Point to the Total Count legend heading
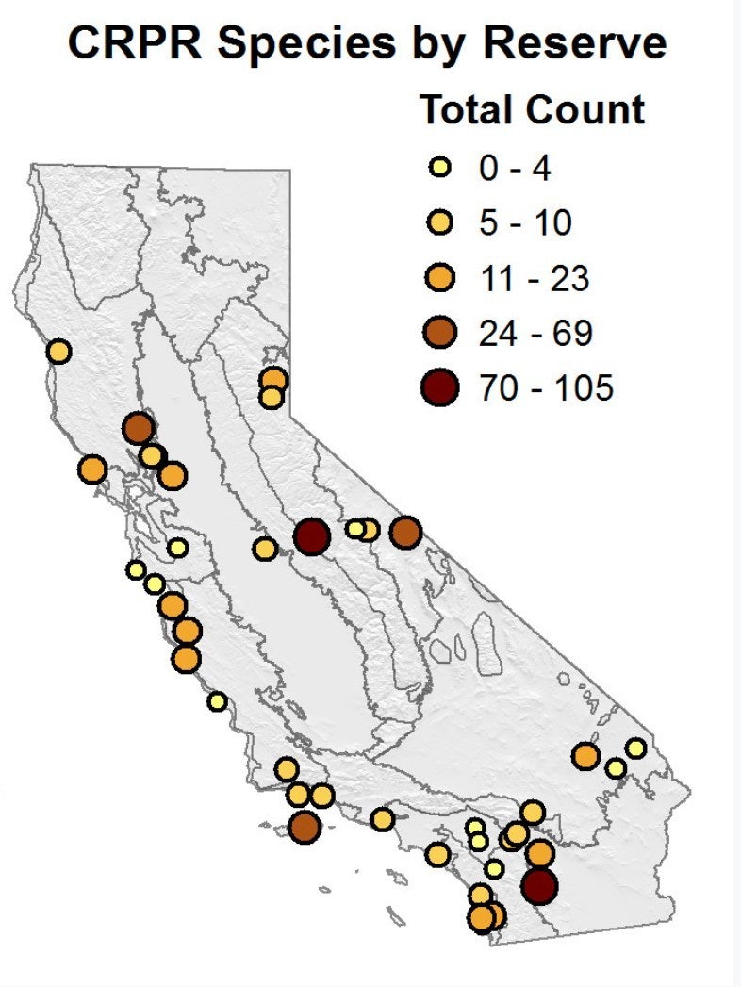point(532,109)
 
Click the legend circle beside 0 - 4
point(439,170)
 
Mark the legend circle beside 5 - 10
point(439,224)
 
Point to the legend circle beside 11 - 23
point(439,279)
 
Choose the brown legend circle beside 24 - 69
point(439,333)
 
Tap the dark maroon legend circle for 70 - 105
point(439,387)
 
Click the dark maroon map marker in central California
point(311,537)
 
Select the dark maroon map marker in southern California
point(539,886)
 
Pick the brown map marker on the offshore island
point(305,829)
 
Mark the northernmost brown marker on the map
point(139,428)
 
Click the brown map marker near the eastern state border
point(405,533)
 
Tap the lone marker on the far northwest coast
point(58,352)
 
